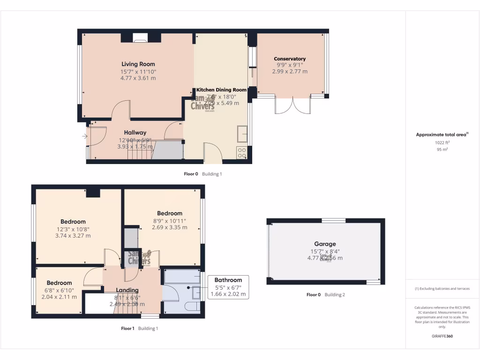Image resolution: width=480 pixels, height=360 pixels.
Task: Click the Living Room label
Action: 138,64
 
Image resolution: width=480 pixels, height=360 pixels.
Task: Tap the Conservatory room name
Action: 290,59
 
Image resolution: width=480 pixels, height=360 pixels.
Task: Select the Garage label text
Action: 325,244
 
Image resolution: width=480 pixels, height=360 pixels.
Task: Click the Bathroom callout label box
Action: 228,287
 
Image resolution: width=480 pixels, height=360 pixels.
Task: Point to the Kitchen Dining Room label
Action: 221,90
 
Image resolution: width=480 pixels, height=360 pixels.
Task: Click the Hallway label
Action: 135,133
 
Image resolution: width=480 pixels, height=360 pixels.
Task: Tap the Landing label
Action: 127,290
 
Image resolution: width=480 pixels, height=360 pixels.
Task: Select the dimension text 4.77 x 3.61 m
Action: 138,78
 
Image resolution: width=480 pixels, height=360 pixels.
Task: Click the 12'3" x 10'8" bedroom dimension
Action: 73,229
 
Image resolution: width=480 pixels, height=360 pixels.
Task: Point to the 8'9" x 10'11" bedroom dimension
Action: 169,221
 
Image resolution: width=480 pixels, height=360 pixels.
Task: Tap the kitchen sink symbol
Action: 242,134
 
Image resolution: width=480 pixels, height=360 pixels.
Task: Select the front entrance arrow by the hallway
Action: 84,136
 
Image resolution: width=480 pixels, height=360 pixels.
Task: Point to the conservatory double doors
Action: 292,105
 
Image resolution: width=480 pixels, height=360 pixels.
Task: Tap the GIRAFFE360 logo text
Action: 442,336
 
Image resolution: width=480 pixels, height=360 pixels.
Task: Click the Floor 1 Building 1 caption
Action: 139,329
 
